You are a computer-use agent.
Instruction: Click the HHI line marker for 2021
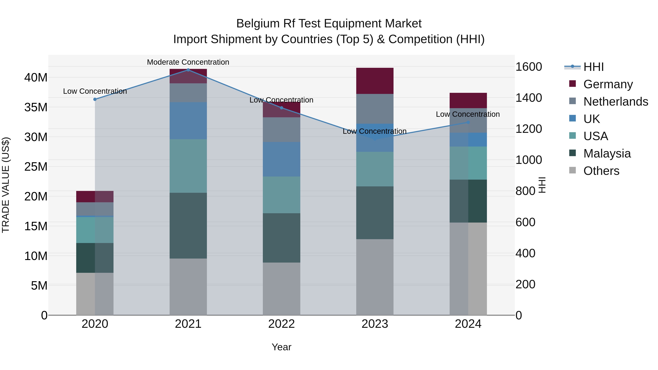[188, 70]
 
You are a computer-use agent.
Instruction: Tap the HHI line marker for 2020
[95, 99]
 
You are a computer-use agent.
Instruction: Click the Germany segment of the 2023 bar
[375, 81]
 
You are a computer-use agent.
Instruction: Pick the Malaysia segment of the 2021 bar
[188, 225]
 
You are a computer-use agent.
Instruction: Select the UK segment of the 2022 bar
[281, 159]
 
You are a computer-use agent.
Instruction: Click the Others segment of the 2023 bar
[375, 277]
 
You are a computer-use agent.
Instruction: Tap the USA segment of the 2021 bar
[188, 166]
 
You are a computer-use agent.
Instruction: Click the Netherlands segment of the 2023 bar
[375, 109]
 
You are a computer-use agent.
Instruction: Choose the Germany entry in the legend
[608, 84]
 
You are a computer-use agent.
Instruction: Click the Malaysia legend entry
[607, 153]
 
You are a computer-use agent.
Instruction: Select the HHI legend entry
[593, 67]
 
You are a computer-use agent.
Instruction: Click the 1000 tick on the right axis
[528, 160]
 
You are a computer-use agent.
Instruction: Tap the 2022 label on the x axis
[281, 324]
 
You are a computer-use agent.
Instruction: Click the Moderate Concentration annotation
[188, 62]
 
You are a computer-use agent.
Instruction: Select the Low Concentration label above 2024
[468, 114]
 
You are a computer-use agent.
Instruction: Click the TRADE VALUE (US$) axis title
[6, 185]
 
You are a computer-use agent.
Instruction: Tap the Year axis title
[281, 347]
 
